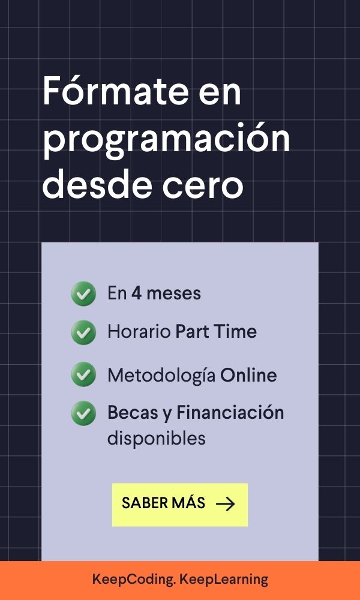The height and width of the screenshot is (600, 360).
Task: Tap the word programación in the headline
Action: click(x=166, y=141)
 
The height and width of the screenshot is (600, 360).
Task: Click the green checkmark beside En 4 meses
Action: click(x=83, y=293)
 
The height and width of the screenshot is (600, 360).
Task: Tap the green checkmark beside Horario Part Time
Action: click(x=83, y=332)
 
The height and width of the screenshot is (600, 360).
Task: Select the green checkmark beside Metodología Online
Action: click(x=83, y=374)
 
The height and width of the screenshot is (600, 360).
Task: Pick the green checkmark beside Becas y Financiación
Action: click(x=83, y=413)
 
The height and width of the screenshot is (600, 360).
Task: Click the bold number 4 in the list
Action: click(x=136, y=293)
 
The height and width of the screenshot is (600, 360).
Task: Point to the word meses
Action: click(x=173, y=294)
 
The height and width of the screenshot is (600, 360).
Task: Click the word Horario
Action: click(x=139, y=331)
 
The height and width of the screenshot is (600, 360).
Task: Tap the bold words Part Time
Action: click(x=216, y=331)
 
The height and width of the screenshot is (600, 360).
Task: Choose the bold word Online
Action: click(x=248, y=375)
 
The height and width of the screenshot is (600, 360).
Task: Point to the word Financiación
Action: click(x=230, y=413)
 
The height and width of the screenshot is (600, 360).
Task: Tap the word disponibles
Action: click(x=157, y=439)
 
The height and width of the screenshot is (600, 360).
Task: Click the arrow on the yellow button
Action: click(x=226, y=504)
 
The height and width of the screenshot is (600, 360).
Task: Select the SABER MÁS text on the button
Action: click(x=163, y=502)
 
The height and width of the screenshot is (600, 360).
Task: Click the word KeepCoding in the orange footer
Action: click(x=134, y=580)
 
